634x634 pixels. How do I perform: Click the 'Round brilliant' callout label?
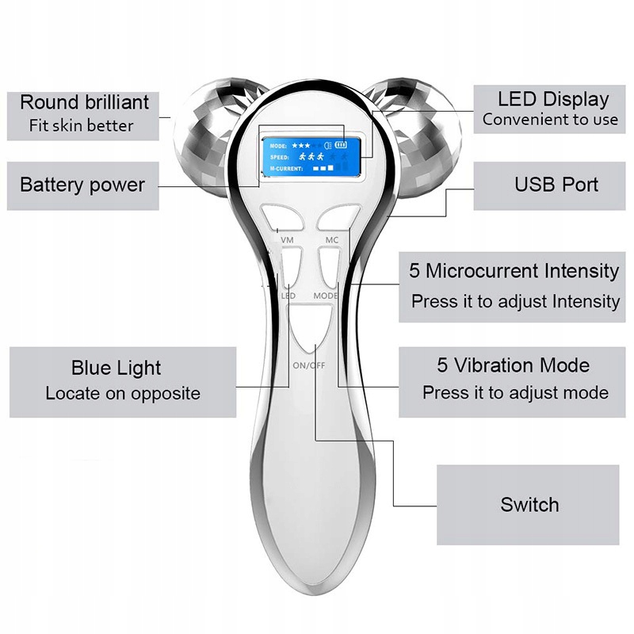84,102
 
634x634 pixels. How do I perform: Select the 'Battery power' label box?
82,185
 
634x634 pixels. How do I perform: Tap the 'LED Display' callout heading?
553,99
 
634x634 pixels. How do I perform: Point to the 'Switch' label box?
529,505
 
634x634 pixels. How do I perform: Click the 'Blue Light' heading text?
116,368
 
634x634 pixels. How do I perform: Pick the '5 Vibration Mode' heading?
514,365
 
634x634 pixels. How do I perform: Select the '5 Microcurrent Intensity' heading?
514,271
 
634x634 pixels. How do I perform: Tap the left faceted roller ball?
204,135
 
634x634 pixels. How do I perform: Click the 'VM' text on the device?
287,239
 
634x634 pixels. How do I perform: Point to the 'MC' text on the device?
331,239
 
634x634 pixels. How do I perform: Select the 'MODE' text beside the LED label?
325,296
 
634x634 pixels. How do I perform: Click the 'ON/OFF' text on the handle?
309,365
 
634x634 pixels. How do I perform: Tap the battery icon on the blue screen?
342,145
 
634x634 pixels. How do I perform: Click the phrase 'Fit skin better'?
82,125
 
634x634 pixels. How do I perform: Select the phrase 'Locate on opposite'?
123,393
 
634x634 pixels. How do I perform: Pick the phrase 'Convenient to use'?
550,120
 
